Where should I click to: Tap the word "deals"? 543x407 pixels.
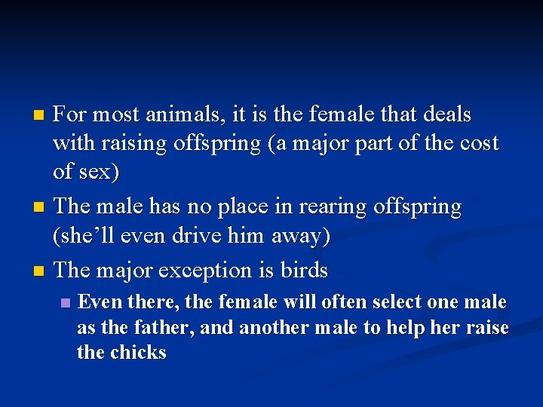(x=446, y=115)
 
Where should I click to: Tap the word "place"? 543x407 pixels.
(x=229, y=207)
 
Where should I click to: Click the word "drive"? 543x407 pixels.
(x=200, y=235)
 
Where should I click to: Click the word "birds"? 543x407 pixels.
(x=303, y=270)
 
